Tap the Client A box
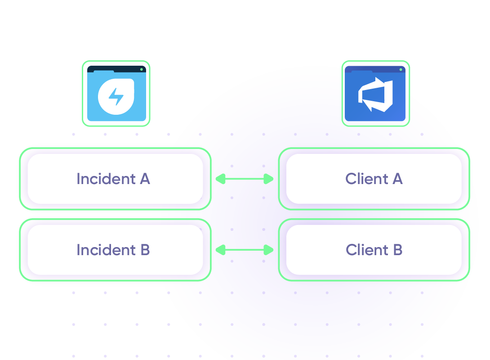pos(374,179)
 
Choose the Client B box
pos(374,250)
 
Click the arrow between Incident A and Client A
pos(245,179)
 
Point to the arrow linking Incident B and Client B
pos(245,250)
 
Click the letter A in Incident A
pos(145,179)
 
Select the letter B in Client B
pos(397,250)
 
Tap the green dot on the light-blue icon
pos(142,69)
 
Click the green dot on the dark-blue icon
pos(401,69)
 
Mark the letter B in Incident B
pos(144,250)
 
